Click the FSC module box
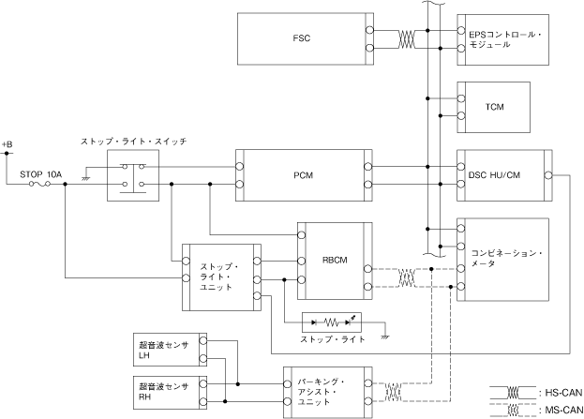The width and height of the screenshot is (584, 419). point(300,39)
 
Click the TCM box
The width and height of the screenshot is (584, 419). point(494,106)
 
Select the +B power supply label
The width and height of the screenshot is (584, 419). point(7,143)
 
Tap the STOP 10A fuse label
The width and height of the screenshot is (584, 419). point(40,174)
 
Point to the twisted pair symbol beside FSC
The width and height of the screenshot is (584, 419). point(407,39)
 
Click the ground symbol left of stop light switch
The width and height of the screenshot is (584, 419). point(85,176)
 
